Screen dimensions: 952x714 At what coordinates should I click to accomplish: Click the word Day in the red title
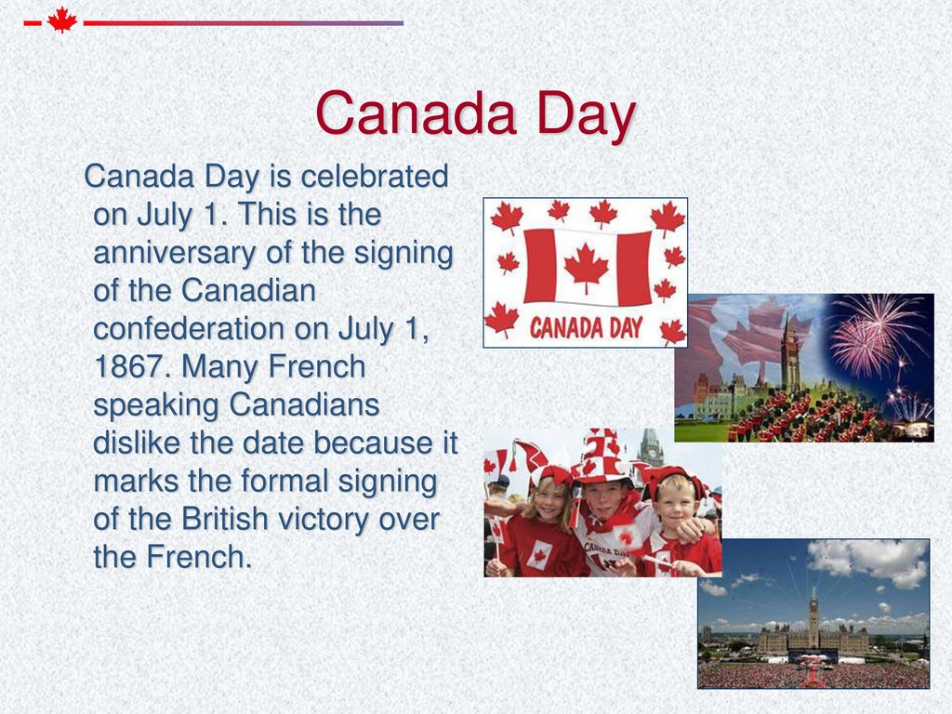click(587, 114)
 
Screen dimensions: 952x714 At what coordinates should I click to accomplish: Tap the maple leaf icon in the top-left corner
click(62, 20)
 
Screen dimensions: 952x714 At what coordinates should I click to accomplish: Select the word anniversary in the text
click(174, 253)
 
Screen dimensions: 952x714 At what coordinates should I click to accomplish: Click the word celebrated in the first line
click(375, 176)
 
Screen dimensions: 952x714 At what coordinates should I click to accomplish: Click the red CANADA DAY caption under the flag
click(586, 328)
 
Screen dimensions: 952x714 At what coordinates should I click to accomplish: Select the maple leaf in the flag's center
click(586, 267)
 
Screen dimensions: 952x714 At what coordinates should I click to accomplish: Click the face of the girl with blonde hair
click(549, 498)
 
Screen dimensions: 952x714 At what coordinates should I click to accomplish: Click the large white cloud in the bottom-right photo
click(868, 562)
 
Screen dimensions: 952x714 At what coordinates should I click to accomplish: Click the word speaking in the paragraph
click(156, 405)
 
